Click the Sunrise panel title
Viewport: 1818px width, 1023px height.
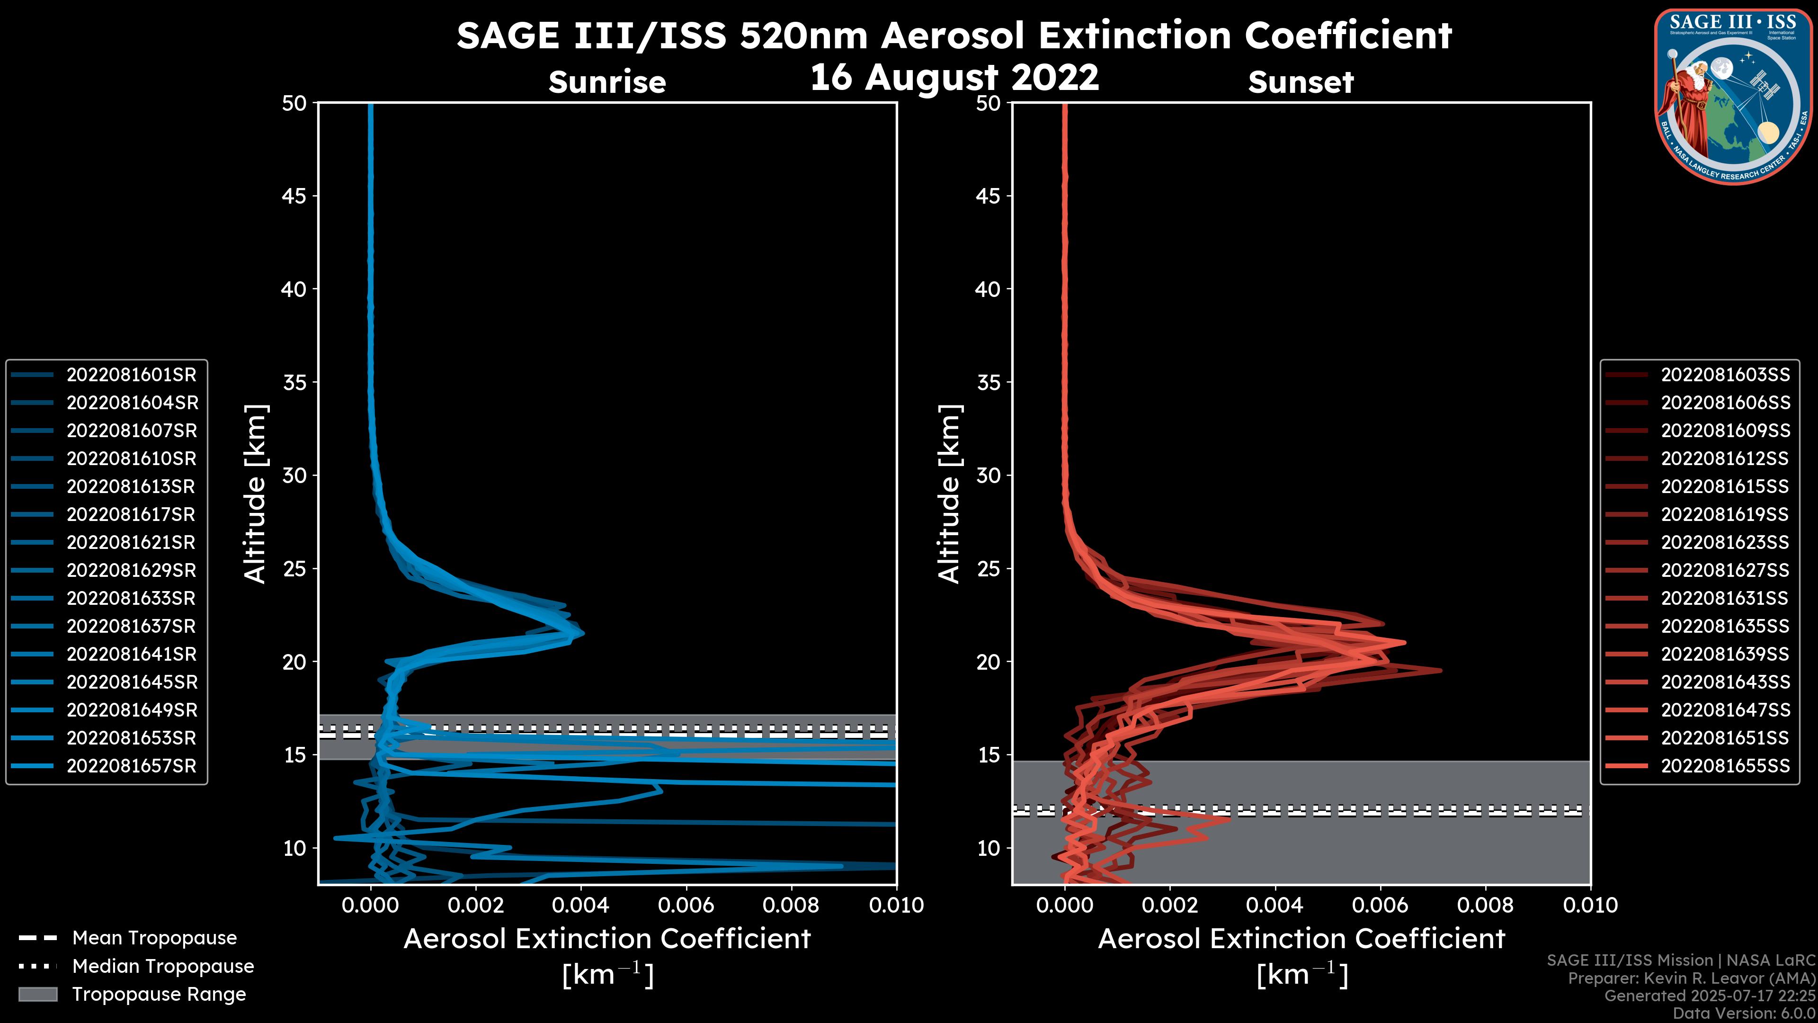(x=607, y=82)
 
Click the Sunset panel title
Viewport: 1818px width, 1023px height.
(x=1301, y=82)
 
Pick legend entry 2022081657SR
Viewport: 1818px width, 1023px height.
(x=131, y=766)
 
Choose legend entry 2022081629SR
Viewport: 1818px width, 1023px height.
(x=131, y=570)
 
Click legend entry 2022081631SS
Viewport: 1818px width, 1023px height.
(x=1724, y=599)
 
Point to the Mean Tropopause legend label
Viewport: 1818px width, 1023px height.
(x=154, y=938)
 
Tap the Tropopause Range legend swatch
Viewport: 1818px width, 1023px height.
(x=38, y=994)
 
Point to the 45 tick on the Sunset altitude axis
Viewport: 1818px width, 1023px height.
(x=989, y=196)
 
